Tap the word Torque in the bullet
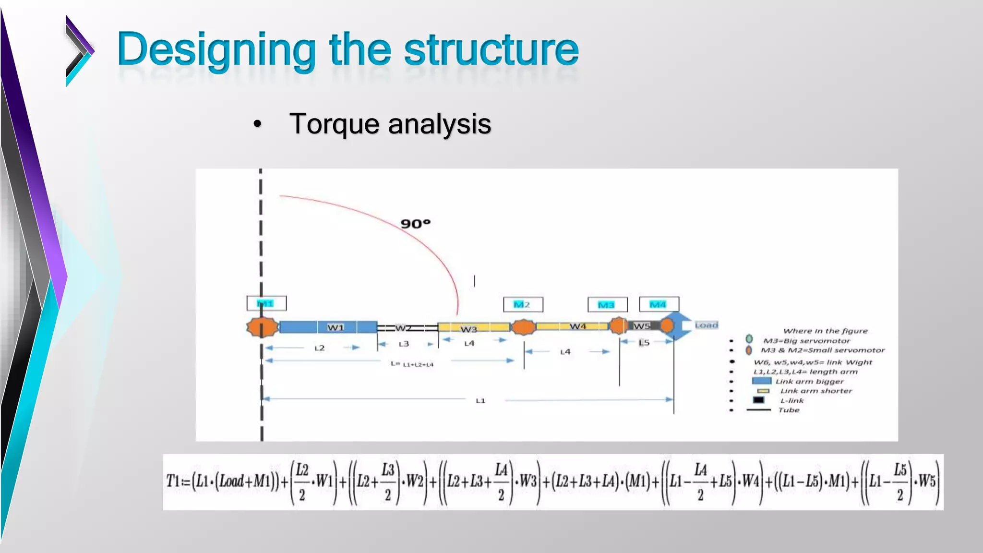tap(334, 124)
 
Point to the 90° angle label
tap(415, 224)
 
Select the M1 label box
tap(266, 303)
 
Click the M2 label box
tap(523, 304)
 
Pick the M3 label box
tap(607, 304)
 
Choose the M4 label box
tap(659, 304)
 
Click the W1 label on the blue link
tap(336, 327)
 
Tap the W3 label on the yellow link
tap(468, 329)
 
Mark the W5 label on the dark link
tap(641, 326)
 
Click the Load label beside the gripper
tap(707, 325)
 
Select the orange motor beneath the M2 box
tap(523, 327)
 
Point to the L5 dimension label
tap(644, 343)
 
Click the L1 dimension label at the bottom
tap(480, 400)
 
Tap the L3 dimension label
tap(404, 344)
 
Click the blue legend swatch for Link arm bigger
tap(761, 381)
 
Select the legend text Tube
tap(789, 410)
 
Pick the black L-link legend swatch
tap(758, 400)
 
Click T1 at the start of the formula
tap(172, 481)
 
